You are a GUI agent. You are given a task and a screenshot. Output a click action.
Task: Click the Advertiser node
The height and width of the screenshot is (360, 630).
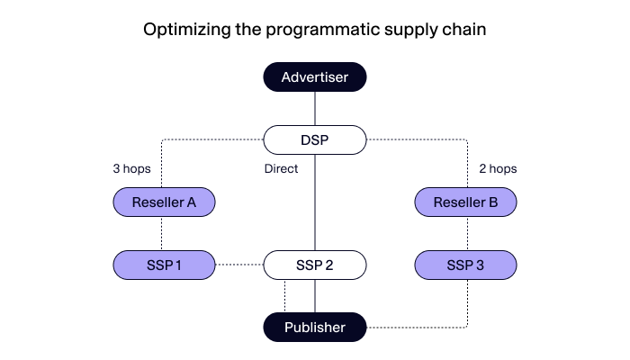pyautogui.click(x=314, y=77)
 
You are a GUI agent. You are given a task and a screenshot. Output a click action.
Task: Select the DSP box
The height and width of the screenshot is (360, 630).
pyautogui.click(x=314, y=139)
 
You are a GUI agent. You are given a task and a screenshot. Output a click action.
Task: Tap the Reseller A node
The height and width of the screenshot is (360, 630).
pyautogui.click(x=164, y=202)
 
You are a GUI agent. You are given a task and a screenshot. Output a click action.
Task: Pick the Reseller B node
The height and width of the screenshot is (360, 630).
pyautogui.click(x=465, y=202)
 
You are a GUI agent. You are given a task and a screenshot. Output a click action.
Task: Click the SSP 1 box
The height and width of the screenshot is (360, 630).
pyautogui.click(x=164, y=265)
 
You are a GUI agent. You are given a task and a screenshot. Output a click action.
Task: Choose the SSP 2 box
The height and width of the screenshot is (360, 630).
pyautogui.click(x=314, y=265)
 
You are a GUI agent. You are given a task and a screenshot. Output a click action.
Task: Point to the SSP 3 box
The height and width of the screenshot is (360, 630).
pyautogui.click(x=465, y=265)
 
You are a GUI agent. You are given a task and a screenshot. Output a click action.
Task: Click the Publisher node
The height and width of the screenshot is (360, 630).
pyautogui.click(x=314, y=327)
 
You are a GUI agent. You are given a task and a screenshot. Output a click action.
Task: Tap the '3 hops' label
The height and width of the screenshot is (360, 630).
pyautogui.click(x=131, y=168)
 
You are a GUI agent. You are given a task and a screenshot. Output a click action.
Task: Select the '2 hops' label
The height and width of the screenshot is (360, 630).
pyautogui.click(x=498, y=168)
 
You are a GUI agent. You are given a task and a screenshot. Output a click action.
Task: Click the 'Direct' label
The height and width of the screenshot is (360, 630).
pyautogui.click(x=282, y=168)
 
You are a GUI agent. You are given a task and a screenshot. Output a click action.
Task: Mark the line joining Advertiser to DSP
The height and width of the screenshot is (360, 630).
pyautogui.click(x=314, y=108)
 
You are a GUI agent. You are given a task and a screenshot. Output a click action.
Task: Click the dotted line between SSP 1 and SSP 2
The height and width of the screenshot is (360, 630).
pyautogui.click(x=238, y=265)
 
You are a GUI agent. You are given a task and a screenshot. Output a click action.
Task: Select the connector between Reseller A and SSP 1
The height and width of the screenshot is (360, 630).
pyautogui.click(x=162, y=233)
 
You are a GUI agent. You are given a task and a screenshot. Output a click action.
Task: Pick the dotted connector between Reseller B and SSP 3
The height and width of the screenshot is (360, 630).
pyautogui.click(x=466, y=233)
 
